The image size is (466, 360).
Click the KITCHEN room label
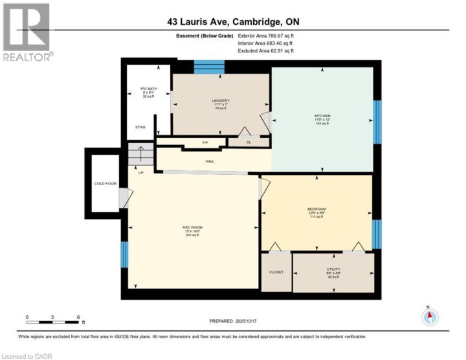coord(322,117)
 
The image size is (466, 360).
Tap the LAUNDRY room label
coord(221,100)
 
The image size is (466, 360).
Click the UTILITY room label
coord(333,269)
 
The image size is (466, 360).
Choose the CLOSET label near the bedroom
coord(276,273)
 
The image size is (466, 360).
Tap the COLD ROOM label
coord(105,184)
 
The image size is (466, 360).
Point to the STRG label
coord(140,128)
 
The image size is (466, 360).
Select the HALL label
coord(210,162)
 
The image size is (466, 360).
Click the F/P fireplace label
coord(205,142)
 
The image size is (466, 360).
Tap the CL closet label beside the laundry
coord(248,142)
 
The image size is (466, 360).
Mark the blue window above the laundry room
coord(209,67)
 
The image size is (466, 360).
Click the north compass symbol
coord(430,316)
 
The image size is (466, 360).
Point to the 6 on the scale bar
coord(78,317)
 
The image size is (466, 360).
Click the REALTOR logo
coord(26,32)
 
